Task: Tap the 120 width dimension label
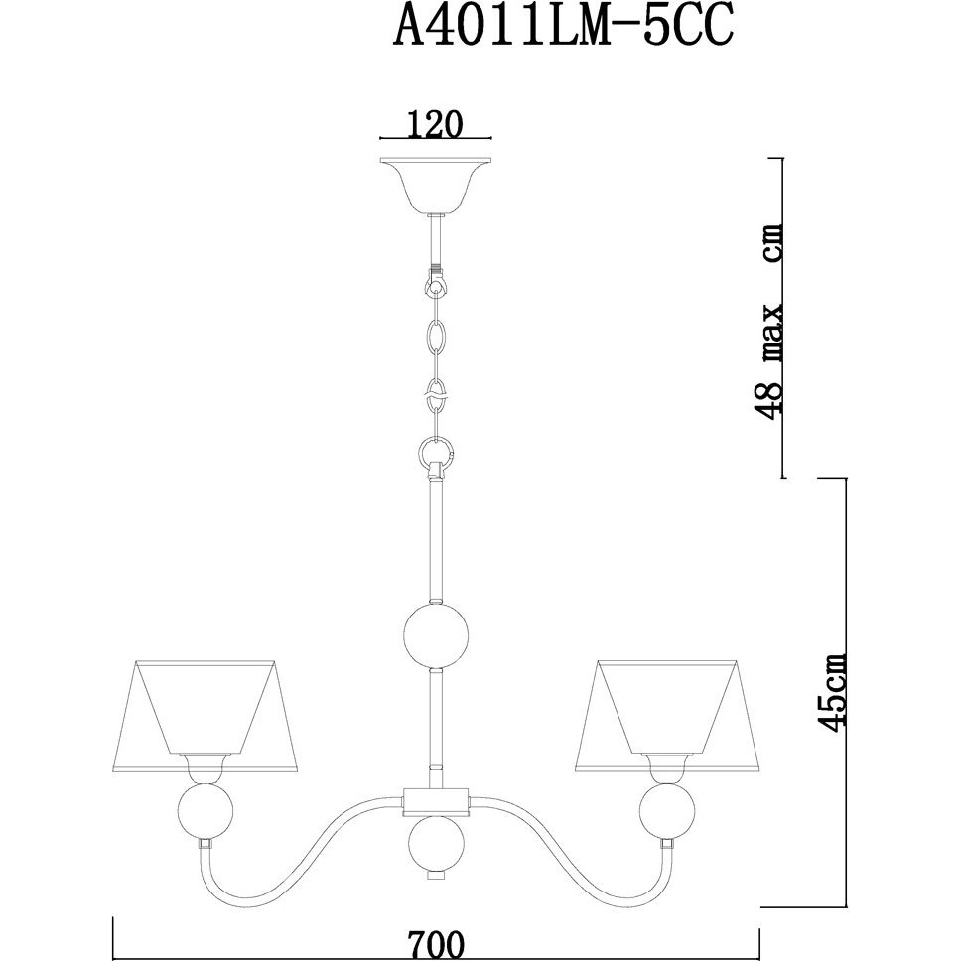tap(434, 126)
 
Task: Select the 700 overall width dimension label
tap(437, 944)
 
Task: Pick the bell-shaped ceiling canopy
tap(436, 185)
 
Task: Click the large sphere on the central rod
tap(437, 635)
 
